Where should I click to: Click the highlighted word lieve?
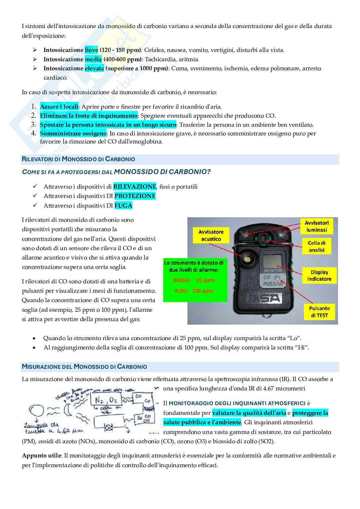(x=91, y=50)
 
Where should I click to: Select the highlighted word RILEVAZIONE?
(x=135, y=187)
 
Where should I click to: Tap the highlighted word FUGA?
(x=123, y=205)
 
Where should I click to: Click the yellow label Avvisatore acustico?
(x=211, y=235)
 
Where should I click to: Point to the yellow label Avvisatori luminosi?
(x=316, y=226)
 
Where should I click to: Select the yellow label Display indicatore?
(x=319, y=276)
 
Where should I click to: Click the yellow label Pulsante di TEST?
(x=319, y=312)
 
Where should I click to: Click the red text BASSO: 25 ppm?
(x=194, y=280)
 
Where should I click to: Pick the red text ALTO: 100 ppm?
(x=194, y=291)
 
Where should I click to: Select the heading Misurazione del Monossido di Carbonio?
(x=84, y=367)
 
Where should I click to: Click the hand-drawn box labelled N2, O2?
(x=106, y=399)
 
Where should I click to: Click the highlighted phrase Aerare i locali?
(x=59, y=107)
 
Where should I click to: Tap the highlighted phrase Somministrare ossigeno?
(x=73, y=133)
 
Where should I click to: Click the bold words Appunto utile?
(x=41, y=455)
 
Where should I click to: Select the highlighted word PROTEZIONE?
(x=135, y=196)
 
